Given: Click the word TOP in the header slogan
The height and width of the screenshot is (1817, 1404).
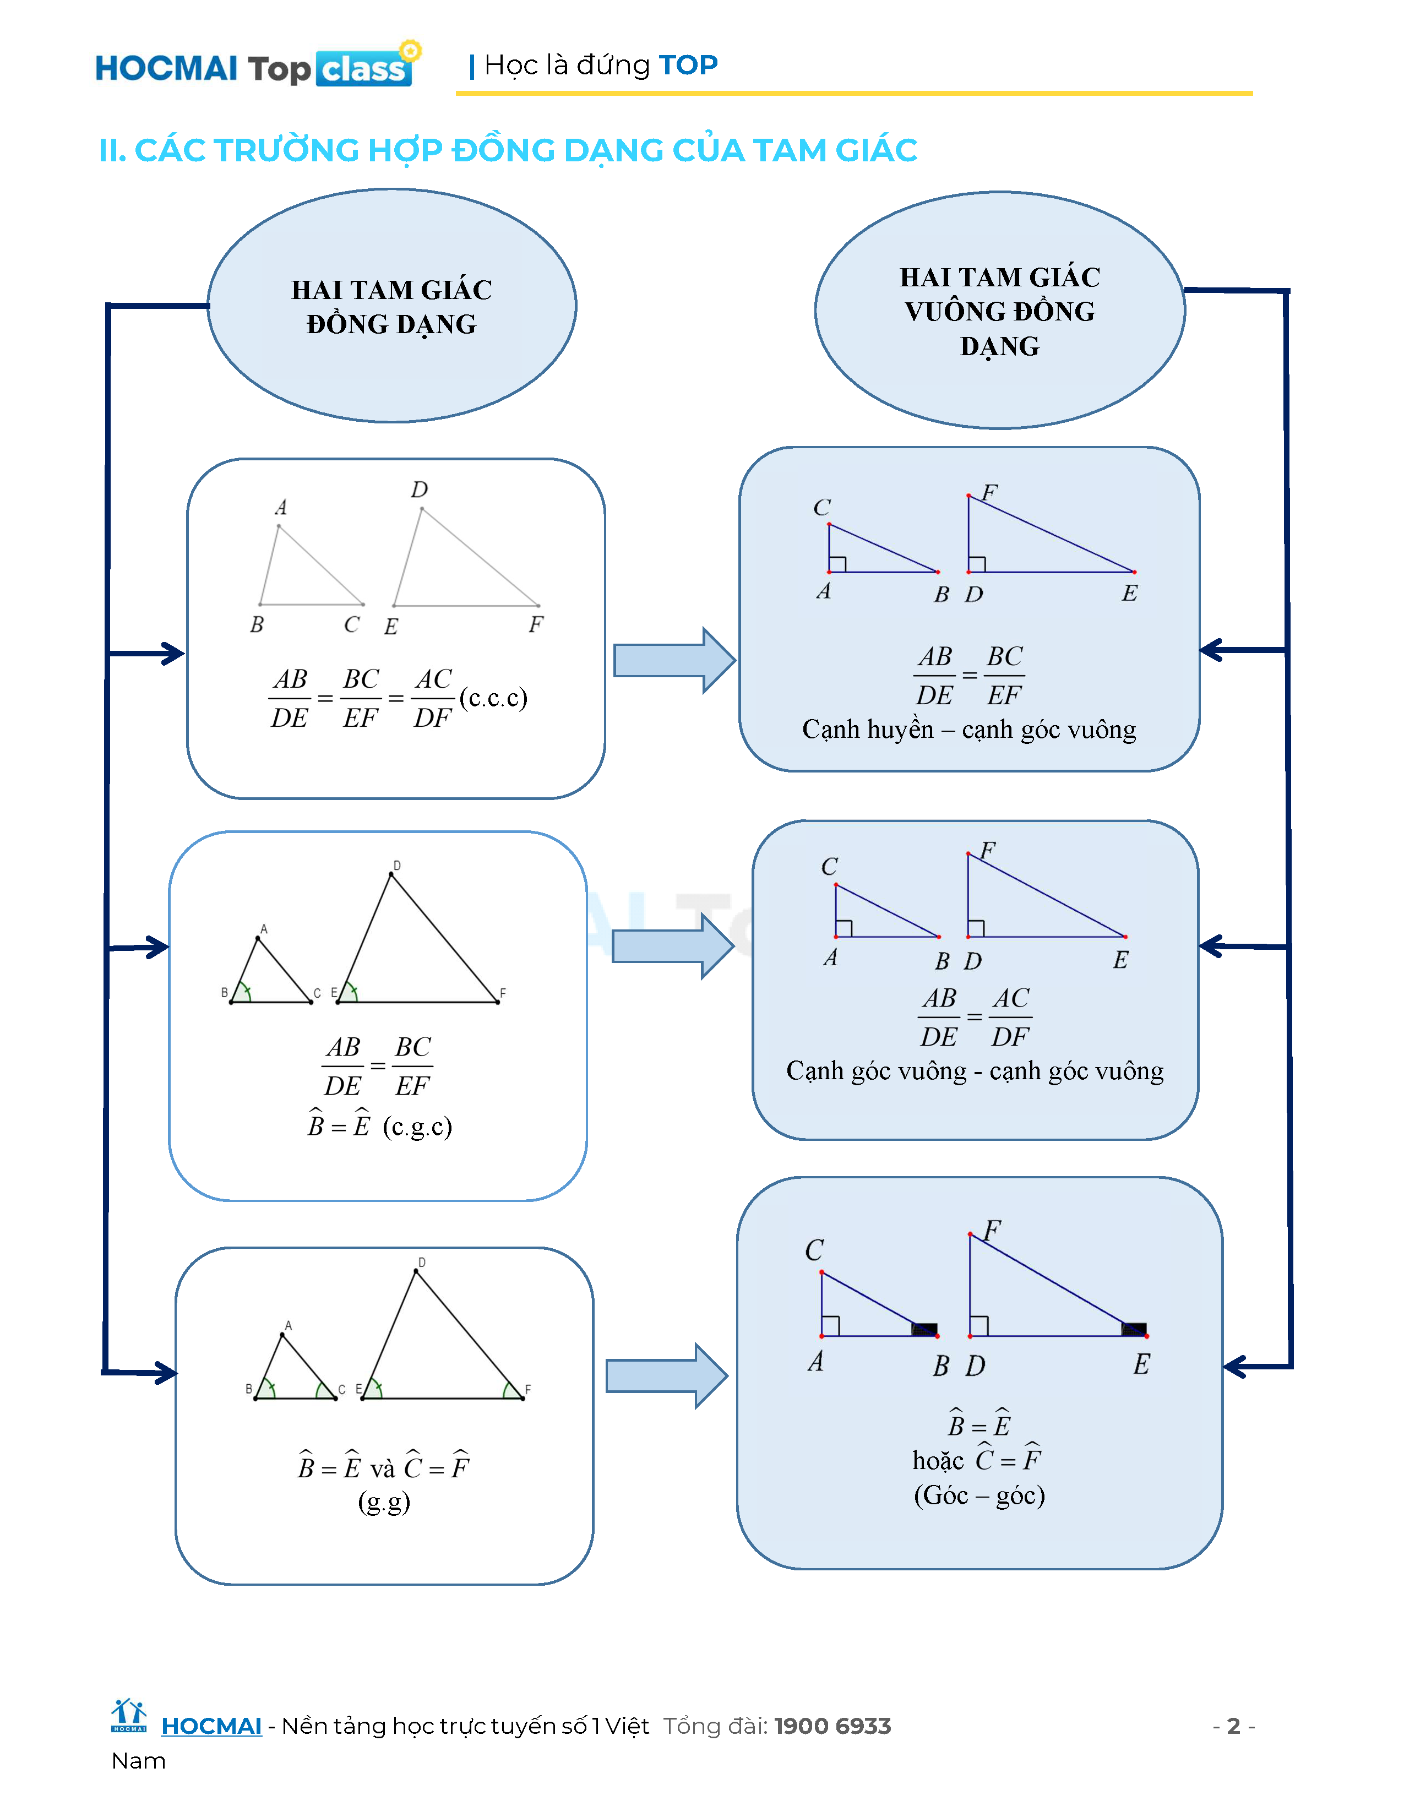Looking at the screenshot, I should pyautogui.click(x=688, y=65).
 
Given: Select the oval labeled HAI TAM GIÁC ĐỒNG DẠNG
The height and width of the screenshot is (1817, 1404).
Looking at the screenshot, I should pyautogui.click(x=392, y=306).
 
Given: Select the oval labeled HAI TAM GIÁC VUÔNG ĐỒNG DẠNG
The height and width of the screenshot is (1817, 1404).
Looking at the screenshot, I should pyautogui.click(x=1000, y=311).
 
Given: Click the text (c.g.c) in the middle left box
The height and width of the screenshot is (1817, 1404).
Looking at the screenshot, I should pyautogui.click(x=417, y=1127).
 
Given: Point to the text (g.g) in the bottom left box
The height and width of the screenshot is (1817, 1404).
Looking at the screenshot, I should pyautogui.click(x=384, y=1502).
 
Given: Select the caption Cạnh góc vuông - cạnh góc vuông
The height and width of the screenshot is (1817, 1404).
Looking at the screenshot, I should pyautogui.click(x=975, y=1071).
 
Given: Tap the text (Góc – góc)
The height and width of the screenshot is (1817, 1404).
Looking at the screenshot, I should pyautogui.click(x=979, y=1495).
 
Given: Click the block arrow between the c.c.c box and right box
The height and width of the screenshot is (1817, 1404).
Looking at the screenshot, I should pyautogui.click(x=674, y=660).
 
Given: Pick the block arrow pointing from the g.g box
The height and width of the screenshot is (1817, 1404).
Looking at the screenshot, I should pyautogui.click(x=666, y=1376).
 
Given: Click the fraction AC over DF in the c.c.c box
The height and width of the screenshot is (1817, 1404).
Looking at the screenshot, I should pyautogui.click(x=433, y=698).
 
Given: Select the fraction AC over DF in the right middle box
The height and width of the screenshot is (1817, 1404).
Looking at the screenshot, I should pyautogui.click(x=1010, y=1016).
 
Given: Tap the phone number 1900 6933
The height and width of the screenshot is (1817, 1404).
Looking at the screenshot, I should pyautogui.click(x=832, y=1726).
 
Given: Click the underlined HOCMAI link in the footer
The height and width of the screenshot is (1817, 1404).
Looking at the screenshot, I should pyautogui.click(x=211, y=1726).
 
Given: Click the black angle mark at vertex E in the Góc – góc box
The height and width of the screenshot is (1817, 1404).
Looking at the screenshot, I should pyautogui.click(x=1134, y=1329).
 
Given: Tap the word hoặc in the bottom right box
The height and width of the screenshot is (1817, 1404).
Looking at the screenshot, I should pyautogui.click(x=938, y=1461).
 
